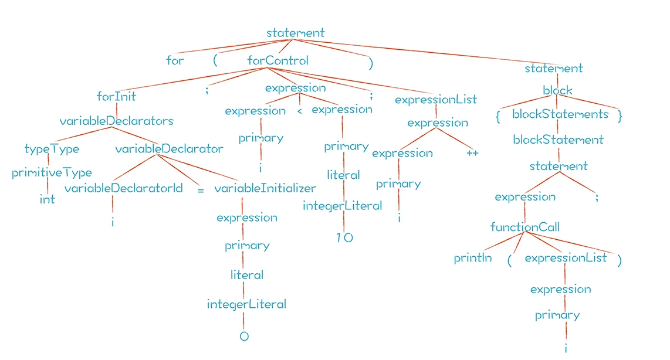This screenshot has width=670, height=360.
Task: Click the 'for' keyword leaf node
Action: point(175,60)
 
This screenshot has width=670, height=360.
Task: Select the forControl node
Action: point(278,60)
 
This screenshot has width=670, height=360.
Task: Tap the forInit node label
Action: point(116,96)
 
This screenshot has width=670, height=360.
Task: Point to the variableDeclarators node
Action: point(116,121)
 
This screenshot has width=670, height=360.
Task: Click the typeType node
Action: point(52,149)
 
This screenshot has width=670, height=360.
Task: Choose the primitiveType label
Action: point(52,173)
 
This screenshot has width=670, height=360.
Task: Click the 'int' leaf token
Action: point(47,199)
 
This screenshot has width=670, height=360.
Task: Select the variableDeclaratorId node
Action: point(123,188)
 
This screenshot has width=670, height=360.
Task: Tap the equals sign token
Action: point(201,191)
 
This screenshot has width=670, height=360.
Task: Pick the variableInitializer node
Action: point(265,188)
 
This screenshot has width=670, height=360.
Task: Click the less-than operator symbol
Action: point(299,111)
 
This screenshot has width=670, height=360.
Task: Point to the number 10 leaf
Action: point(345,238)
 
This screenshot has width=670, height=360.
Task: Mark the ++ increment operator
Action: point(472,153)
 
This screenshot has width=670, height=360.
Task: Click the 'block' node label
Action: point(557,91)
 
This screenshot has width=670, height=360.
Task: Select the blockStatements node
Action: point(560,114)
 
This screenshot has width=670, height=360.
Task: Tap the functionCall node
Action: point(525,227)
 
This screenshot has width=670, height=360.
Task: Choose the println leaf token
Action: point(472,258)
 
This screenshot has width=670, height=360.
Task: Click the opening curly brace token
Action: point(498,116)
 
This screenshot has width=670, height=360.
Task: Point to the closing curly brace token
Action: point(620,116)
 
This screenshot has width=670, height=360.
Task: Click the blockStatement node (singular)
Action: point(558,140)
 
